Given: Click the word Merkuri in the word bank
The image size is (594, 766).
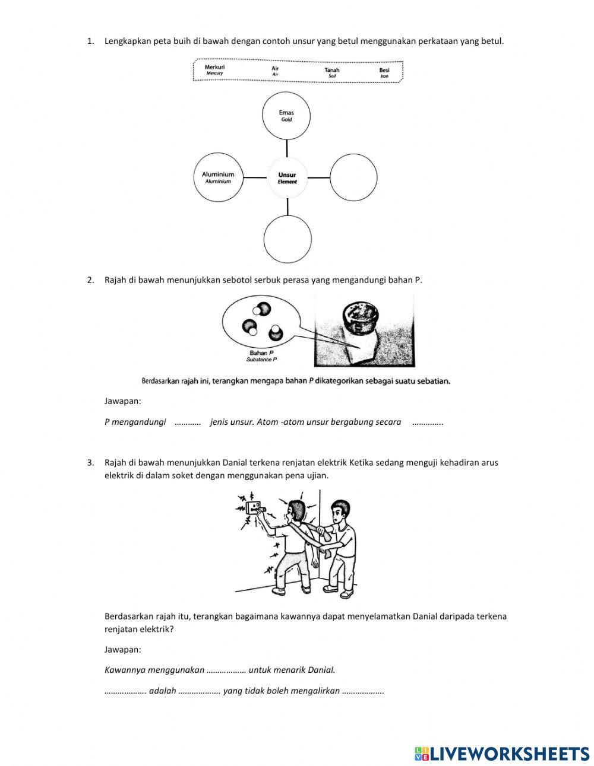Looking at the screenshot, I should [x=214, y=68].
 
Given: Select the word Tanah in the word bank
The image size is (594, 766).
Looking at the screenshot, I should [x=332, y=70].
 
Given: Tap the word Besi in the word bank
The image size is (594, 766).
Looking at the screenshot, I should [x=384, y=70].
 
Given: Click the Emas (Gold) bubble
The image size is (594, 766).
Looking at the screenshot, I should [x=286, y=115].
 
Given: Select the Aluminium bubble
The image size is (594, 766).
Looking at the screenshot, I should [x=218, y=177].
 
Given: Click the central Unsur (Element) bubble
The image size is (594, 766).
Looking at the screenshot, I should [x=287, y=177].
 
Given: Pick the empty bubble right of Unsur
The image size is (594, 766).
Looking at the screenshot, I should [x=353, y=177].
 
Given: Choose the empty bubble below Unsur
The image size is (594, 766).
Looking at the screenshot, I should [x=287, y=239].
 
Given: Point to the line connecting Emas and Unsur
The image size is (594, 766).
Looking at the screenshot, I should [x=287, y=148].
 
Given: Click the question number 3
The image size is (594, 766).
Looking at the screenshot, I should [x=90, y=462].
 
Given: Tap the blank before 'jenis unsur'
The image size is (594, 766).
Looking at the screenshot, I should [x=188, y=422].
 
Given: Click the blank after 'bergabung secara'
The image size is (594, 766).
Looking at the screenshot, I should [x=427, y=422].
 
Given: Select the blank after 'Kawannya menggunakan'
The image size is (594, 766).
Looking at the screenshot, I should [x=226, y=670].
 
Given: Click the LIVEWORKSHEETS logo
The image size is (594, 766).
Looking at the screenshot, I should [x=502, y=753].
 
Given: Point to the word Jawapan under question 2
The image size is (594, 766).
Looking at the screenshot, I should [x=122, y=401].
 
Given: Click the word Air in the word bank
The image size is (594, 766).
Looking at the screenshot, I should [x=275, y=68].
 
